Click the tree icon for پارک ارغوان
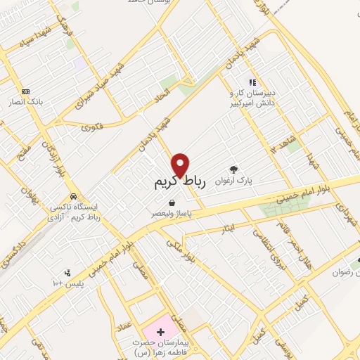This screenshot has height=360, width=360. coord(233,169)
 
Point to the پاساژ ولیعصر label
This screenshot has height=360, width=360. coord(172,212)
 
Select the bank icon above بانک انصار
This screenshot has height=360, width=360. coord(25,91)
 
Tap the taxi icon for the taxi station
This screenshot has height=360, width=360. coord(73,196)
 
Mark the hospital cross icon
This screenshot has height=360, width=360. coord(160,330)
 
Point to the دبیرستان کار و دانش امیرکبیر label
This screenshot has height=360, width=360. coord(252,98)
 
